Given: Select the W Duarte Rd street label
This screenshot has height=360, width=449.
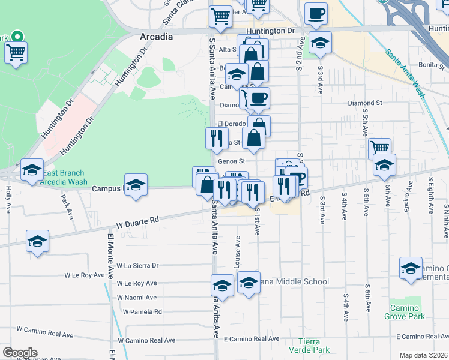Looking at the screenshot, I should [138, 221].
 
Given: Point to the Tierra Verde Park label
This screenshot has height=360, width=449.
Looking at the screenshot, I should [310, 346].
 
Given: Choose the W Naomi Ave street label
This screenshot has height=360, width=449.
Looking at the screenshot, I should [137, 298].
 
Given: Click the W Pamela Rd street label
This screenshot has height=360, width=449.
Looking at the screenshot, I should [142, 311].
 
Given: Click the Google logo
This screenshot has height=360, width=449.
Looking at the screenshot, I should [19, 353].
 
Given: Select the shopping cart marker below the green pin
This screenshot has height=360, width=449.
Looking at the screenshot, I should [15, 52].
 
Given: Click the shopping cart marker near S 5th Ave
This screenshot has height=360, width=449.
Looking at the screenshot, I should [379, 148].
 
